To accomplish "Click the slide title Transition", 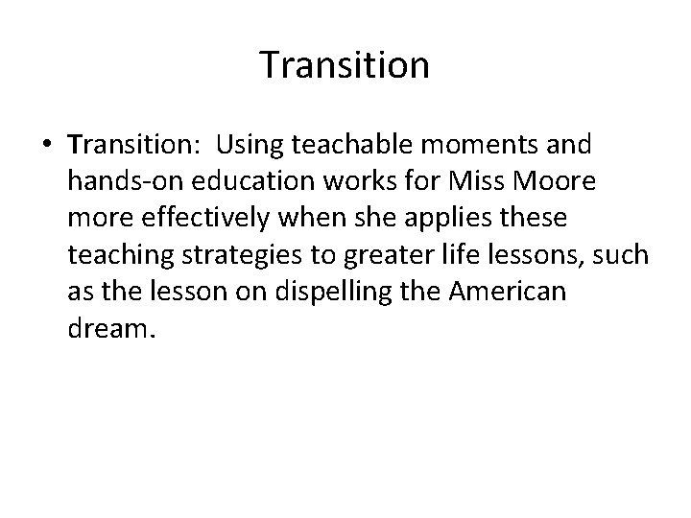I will point(345,65).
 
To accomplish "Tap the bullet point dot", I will point(46,146).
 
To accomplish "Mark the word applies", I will point(455,219).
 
